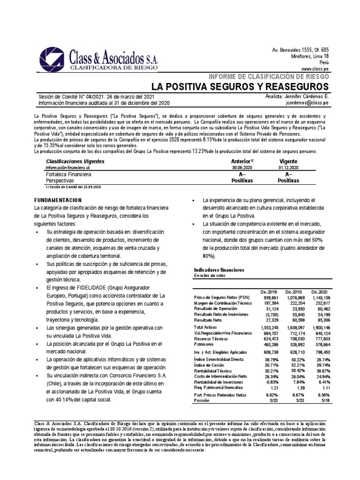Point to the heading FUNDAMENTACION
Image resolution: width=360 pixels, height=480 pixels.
(54, 199)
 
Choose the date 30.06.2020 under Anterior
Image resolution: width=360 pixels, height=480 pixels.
(242, 167)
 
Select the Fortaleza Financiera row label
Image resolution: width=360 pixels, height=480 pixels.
(65, 173)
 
